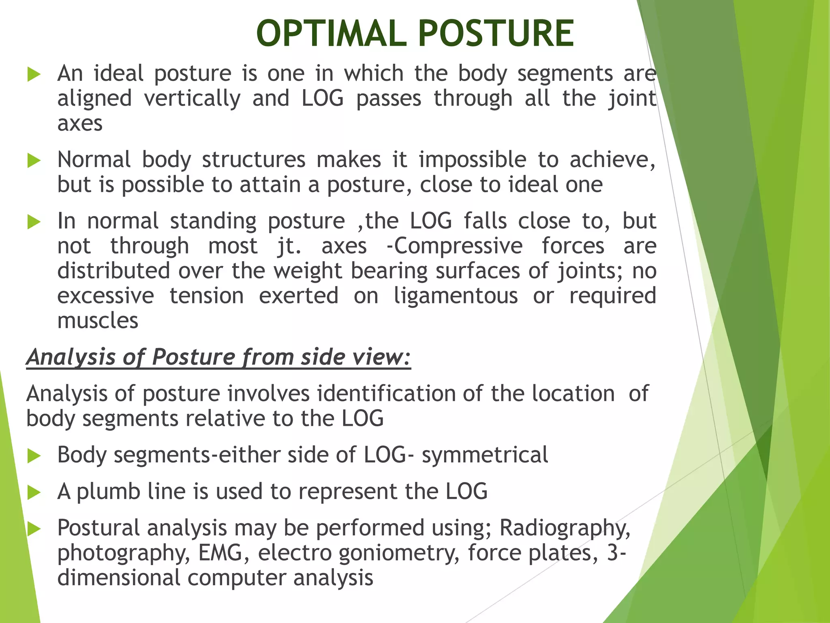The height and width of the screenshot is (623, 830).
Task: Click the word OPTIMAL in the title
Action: pyautogui.click(x=331, y=34)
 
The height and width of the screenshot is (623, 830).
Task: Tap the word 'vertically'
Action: pyautogui.click(x=192, y=99)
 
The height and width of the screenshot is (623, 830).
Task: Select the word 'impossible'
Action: pyautogui.click(x=472, y=160)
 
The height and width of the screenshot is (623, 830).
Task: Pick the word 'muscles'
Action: pyautogui.click(x=98, y=321)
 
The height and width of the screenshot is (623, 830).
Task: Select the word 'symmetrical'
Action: pyautogui.click(x=485, y=455)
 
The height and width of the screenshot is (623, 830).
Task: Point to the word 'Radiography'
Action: pyautogui.click(x=565, y=528)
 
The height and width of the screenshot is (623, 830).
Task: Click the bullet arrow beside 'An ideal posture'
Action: pyautogui.click(x=34, y=75)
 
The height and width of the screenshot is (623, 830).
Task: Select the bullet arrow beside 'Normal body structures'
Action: pyautogui.click(x=34, y=161)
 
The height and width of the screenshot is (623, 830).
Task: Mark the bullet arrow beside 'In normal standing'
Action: pyautogui.click(x=34, y=222)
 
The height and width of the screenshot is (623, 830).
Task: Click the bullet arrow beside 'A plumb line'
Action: pyautogui.click(x=34, y=493)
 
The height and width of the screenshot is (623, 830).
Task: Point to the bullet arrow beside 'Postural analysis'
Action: pyautogui.click(x=34, y=529)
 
